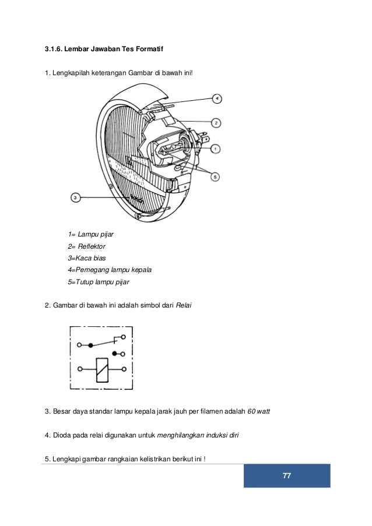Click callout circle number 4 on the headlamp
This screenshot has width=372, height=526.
pyautogui.click(x=216, y=99)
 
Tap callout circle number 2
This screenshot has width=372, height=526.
pyautogui.click(x=216, y=123)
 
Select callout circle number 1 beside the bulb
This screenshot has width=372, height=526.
pyautogui.click(x=216, y=149)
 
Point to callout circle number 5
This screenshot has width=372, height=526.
pyautogui.click(x=216, y=176)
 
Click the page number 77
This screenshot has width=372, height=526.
pyautogui.click(x=286, y=476)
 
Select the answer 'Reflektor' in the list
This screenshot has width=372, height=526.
pyautogui.click(x=92, y=246)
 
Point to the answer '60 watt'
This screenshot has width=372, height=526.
pyautogui.click(x=259, y=413)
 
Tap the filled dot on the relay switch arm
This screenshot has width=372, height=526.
pyautogui.click(x=91, y=345)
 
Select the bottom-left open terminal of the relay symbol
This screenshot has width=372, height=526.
pyautogui.click(x=79, y=369)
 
